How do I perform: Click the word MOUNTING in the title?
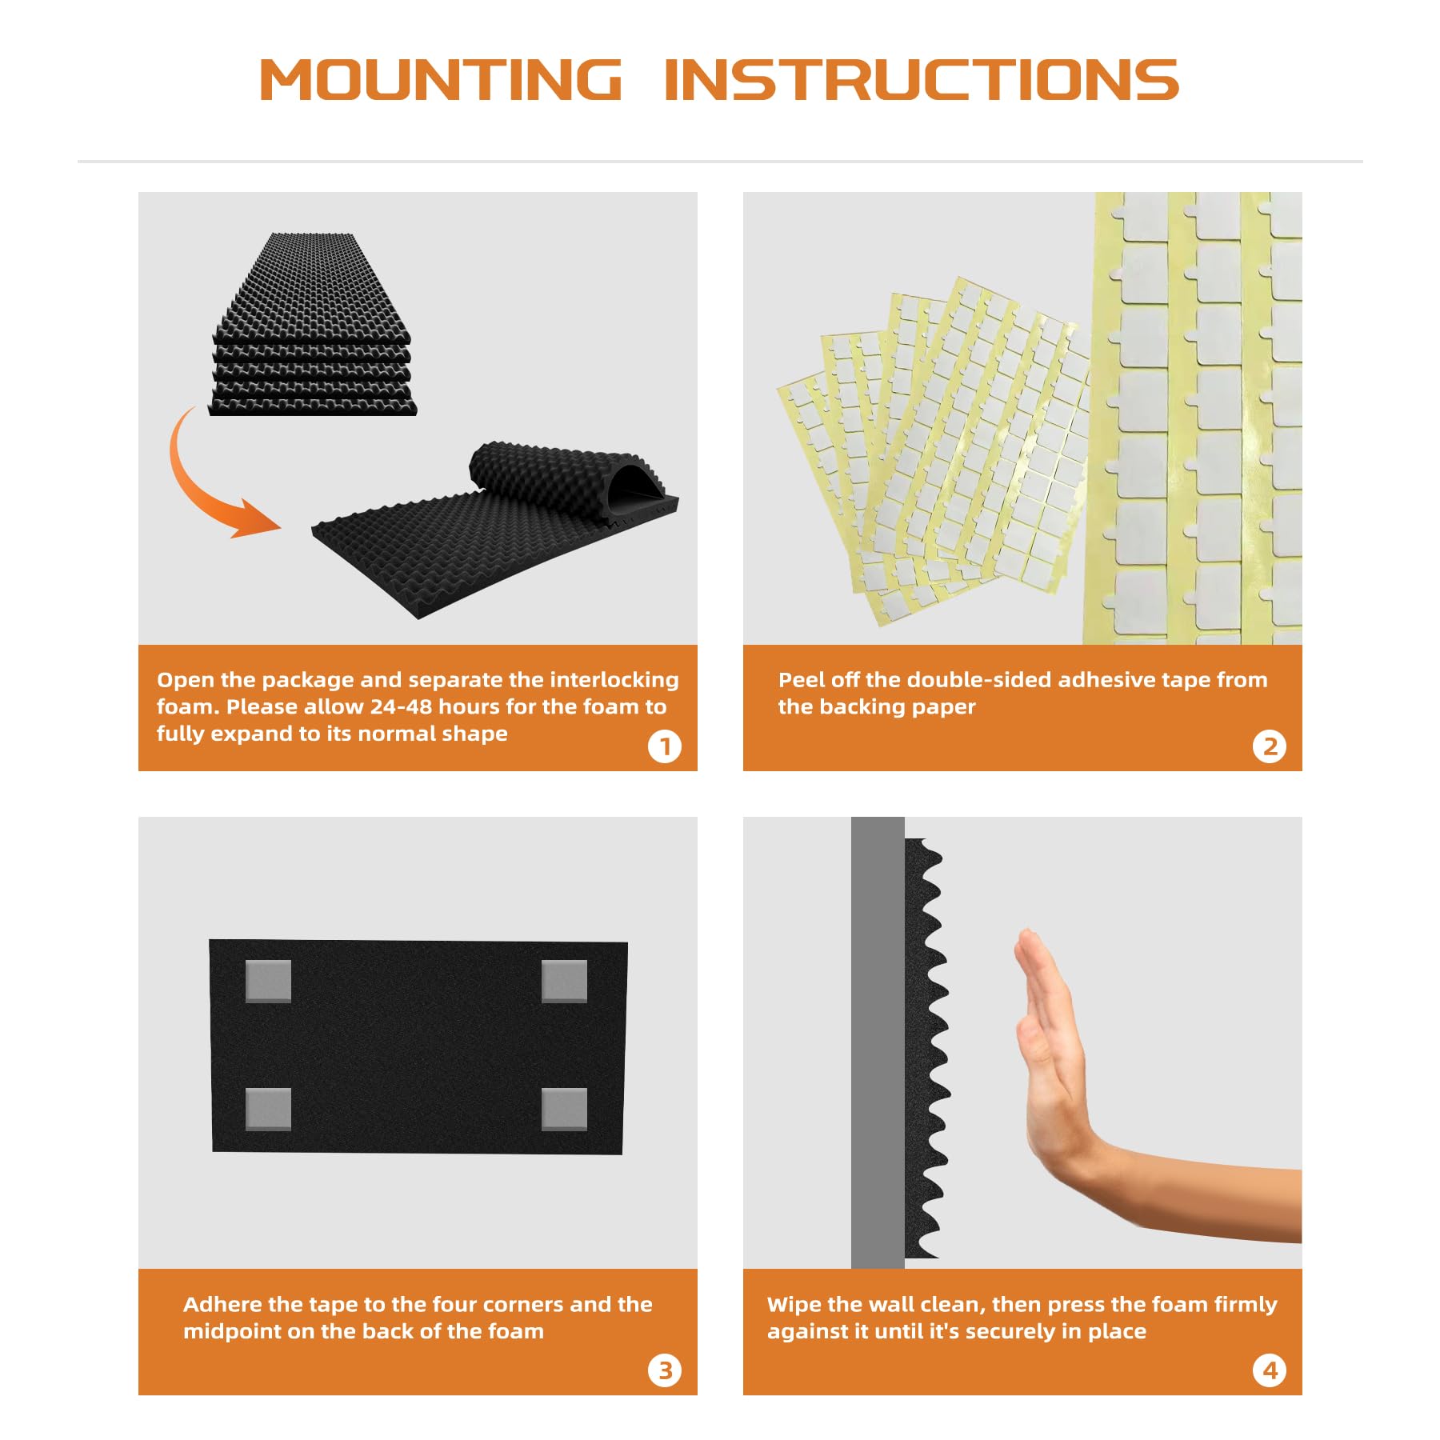[x=441, y=80]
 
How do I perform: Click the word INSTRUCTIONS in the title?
[x=922, y=80]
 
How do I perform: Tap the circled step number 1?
[x=664, y=746]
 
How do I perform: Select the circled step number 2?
[x=1269, y=746]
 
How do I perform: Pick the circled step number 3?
[x=664, y=1370]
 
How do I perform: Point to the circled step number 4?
[x=1269, y=1370]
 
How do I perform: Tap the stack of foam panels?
[x=312, y=324]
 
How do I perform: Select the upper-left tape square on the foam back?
[x=268, y=981]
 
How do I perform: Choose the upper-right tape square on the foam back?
[x=564, y=981]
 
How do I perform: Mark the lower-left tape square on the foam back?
[x=268, y=1109]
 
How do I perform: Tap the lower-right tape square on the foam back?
[x=564, y=1109]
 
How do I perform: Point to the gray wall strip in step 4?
[x=878, y=1042]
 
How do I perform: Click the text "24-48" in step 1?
[x=401, y=706]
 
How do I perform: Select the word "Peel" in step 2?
[x=801, y=680]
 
